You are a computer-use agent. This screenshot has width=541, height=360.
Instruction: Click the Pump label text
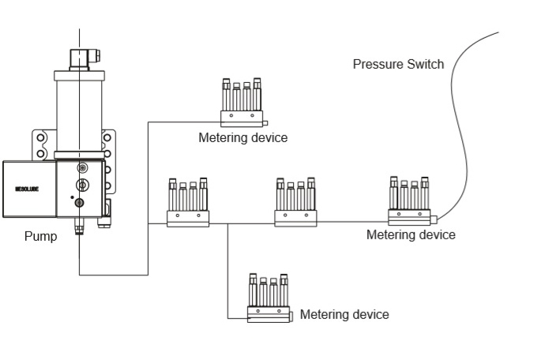[x=39, y=236]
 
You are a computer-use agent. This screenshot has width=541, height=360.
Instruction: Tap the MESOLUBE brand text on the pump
[x=27, y=190]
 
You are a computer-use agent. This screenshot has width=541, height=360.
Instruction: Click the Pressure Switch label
[x=398, y=64]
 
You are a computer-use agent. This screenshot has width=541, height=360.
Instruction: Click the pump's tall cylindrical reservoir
[x=79, y=111]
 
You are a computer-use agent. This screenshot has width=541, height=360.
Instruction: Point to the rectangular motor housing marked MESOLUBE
[x=29, y=190]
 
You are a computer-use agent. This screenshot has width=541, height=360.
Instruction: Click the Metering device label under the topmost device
[x=242, y=139]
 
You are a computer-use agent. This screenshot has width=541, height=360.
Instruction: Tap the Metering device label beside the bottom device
[x=344, y=314]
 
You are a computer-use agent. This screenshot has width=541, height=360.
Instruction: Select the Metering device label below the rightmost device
[x=411, y=234]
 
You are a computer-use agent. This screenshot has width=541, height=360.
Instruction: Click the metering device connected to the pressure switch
[x=410, y=201]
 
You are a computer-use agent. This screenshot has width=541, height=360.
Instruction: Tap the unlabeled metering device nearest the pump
[x=187, y=203]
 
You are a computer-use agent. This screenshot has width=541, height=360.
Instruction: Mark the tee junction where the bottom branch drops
[x=227, y=224]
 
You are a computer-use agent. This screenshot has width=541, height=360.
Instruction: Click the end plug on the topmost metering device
[x=266, y=122]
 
